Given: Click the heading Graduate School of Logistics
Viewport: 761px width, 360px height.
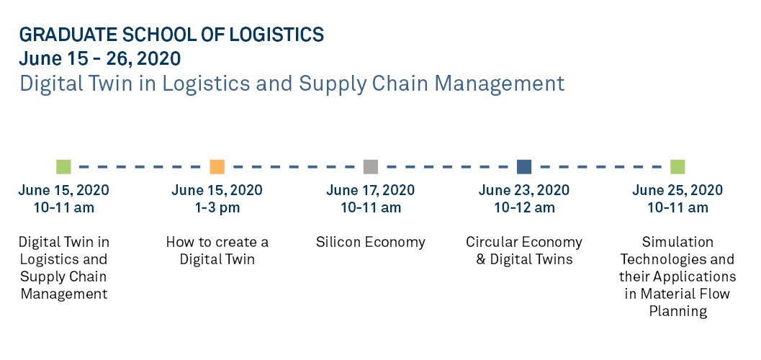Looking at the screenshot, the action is (171, 35).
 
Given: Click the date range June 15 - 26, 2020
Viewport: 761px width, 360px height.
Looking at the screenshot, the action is (100, 59).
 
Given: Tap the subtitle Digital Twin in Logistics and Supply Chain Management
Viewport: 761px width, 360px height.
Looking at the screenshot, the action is (292, 84).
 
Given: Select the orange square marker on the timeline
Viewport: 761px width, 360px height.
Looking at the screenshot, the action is (217, 166).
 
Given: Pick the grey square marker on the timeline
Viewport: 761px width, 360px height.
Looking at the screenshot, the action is (370, 166).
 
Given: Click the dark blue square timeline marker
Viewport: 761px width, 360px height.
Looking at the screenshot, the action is (524, 166).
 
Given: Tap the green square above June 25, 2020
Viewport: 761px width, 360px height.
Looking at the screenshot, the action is (677, 166).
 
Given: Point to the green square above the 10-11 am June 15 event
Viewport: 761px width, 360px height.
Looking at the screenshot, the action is (63, 166).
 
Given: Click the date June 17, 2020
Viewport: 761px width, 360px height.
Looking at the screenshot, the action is (370, 189).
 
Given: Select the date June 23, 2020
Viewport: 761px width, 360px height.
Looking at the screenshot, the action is (524, 189).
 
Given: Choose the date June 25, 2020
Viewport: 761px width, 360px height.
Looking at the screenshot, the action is (677, 189).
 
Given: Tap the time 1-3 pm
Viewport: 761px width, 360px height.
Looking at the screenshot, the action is (217, 207).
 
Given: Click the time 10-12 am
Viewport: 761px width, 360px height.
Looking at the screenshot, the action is (524, 207).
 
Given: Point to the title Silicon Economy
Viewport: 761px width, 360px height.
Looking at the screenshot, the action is (370, 242).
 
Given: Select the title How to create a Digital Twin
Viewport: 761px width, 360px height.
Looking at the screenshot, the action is (217, 251).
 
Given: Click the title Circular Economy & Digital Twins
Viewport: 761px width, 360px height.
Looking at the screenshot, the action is (524, 251).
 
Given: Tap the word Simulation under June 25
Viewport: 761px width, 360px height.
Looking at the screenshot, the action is (677, 242).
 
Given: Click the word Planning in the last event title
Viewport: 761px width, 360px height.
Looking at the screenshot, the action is (677, 311).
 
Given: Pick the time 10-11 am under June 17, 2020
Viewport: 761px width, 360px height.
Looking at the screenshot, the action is (370, 207).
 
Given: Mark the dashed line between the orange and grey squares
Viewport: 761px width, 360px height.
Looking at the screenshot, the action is (294, 167).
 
